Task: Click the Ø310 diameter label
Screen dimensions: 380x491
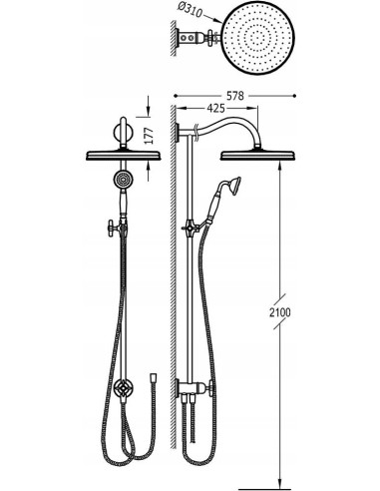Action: coord(190,11)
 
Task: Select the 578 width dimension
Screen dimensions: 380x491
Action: coord(235,96)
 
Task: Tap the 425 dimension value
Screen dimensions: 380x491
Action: coord(216,108)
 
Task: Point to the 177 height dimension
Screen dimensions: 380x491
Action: coord(150,136)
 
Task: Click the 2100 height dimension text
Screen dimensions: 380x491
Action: coord(280,312)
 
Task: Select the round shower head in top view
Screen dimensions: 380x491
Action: coord(258,36)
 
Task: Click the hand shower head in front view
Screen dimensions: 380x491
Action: coord(121,179)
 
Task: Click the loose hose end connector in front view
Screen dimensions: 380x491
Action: coord(153,377)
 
